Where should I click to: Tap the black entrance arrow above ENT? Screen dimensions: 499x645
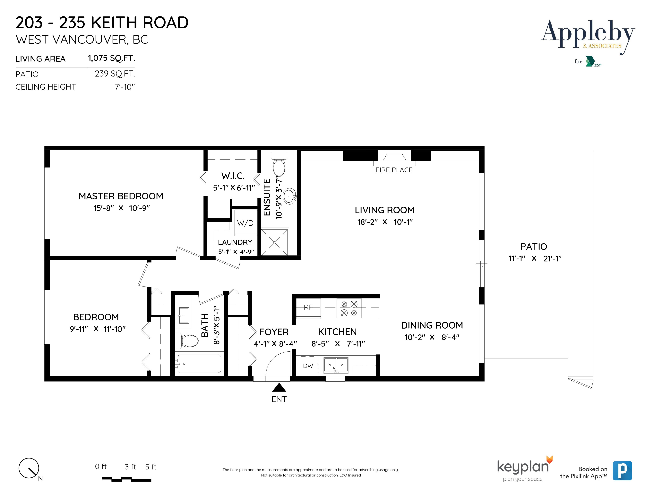tap(279, 388)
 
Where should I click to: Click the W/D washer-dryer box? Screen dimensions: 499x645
tap(245, 223)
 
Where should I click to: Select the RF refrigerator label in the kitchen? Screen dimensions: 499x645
tap(308, 307)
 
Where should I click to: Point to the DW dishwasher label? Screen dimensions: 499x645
tap(308, 366)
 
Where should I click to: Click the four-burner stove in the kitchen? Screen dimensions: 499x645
tap(349, 308)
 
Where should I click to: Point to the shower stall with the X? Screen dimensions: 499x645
tap(274, 242)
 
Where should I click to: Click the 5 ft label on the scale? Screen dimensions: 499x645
tap(151, 467)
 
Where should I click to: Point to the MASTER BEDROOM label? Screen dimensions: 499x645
tap(121, 196)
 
